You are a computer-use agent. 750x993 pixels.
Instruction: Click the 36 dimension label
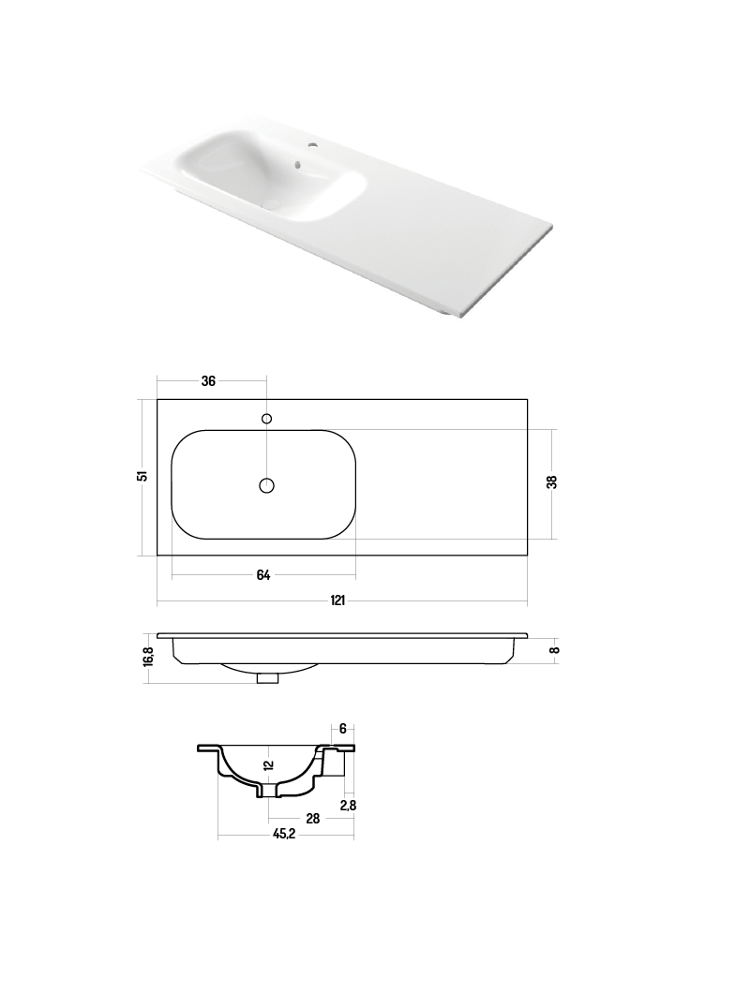pos(208,380)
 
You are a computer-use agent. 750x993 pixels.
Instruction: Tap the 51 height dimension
pos(143,475)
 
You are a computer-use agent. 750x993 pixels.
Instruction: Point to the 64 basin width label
pos(263,575)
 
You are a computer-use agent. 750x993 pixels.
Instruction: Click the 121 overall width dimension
pos(337,600)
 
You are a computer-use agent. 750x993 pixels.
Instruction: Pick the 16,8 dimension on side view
pos(149,656)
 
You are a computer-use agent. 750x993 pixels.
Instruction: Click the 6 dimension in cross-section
pos(343,729)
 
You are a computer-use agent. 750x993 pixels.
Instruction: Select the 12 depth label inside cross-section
pos(269,764)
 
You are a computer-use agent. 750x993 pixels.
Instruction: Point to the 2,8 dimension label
pos(348,805)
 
